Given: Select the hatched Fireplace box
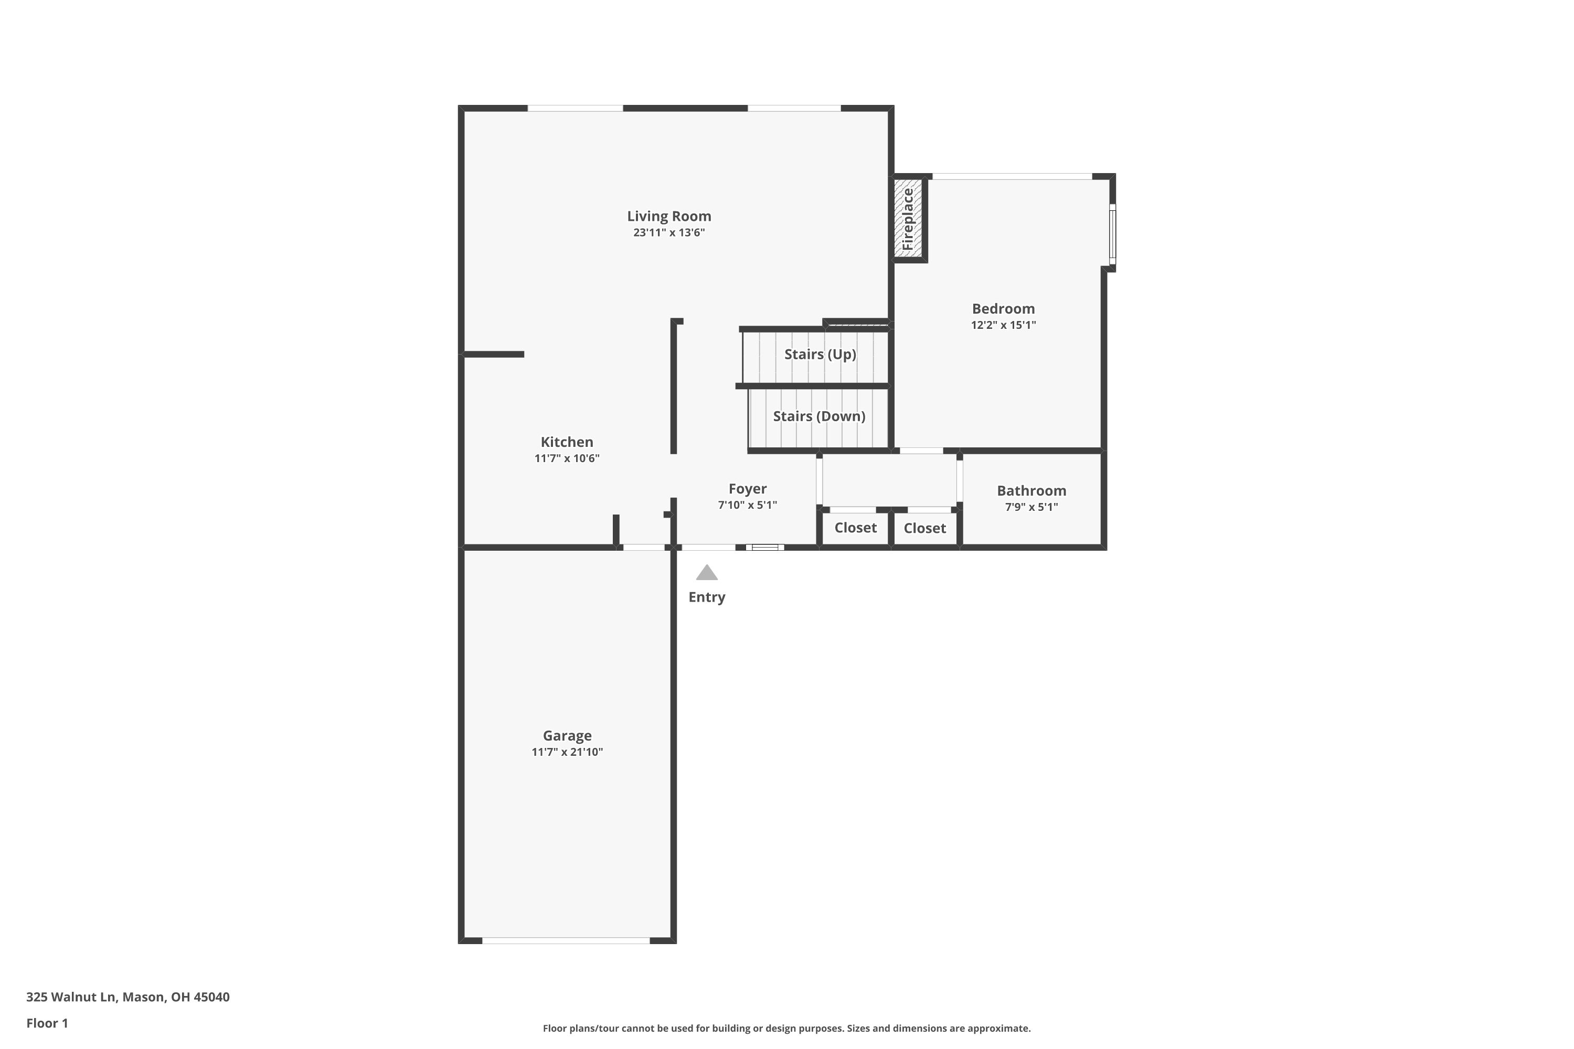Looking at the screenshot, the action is (x=908, y=218).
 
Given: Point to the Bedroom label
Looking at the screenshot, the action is (x=1003, y=308).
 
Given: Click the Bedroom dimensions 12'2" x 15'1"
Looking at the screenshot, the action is (x=1003, y=325).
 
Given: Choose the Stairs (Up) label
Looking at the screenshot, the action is (x=820, y=355).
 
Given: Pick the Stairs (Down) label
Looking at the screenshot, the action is (x=819, y=416).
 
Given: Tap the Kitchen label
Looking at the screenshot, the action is (x=567, y=442).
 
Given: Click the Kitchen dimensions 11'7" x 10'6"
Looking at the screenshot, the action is (x=567, y=458).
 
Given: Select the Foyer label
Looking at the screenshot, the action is (x=748, y=489).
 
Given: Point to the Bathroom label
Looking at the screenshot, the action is (x=1031, y=490).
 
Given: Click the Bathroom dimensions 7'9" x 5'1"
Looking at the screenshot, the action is (x=1031, y=507).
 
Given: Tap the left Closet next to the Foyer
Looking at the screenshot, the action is (x=855, y=528).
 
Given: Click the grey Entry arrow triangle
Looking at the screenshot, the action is (x=707, y=573).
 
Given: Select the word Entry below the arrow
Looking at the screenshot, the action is (x=707, y=597).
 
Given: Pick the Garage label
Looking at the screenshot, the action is (x=567, y=736).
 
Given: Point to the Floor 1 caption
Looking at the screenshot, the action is (x=47, y=1023).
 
